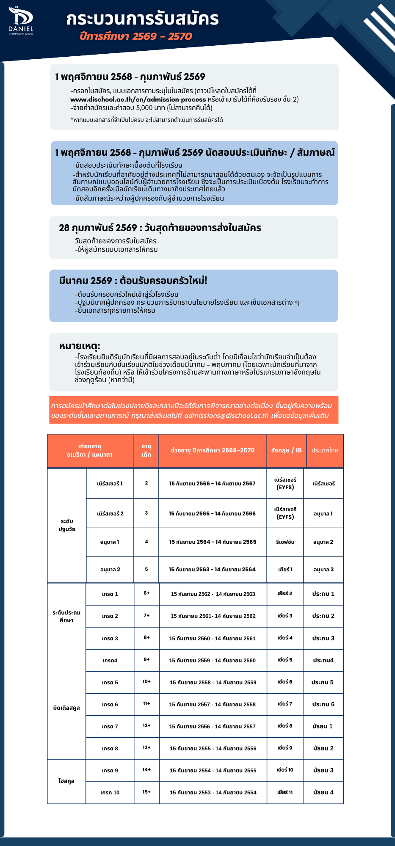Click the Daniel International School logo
click(21, 20)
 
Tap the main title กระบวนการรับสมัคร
click(142, 19)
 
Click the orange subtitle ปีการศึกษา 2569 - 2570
click(135, 36)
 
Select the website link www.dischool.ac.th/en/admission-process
click(138, 99)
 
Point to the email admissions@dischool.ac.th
click(227, 415)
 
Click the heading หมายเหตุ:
click(80, 346)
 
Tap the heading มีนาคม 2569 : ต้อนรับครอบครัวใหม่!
click(133, 281)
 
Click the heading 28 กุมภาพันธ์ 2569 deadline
click(160, 228)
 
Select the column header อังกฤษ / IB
click(286, 450)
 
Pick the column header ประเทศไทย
click(325, 450)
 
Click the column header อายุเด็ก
click(146, 450)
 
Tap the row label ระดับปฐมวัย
click(67, 525)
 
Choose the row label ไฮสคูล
click(66, 781)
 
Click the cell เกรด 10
click(110, 793)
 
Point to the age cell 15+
click(146, 792)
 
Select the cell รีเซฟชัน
click(285, 542)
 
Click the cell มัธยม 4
click(323, 792)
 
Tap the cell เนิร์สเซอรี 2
click(110, 513)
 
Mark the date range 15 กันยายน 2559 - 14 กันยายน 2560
click(212, 660)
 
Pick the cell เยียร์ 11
click(285, 792)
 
